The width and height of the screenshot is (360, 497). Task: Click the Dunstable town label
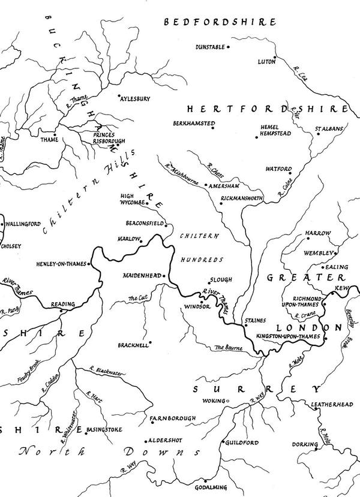tap(210, 47)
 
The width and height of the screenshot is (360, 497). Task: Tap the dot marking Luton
tap(275, 59)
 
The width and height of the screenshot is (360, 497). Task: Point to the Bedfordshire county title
tap(223, 22)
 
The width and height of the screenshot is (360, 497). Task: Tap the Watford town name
tap(280, 169)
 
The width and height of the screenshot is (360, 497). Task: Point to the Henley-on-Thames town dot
tap(89, 264)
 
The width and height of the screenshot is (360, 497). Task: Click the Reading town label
tap(63, 305)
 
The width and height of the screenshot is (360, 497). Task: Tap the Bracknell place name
tap(133, 344)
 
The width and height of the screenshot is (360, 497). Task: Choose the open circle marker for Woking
tap(228, 400)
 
